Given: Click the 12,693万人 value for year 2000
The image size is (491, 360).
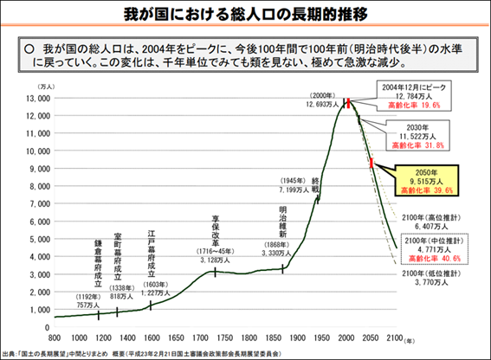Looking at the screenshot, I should point(322,104).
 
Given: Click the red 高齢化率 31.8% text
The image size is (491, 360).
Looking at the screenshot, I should point(421,145).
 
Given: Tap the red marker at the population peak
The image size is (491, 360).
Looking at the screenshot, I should point(346,103).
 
